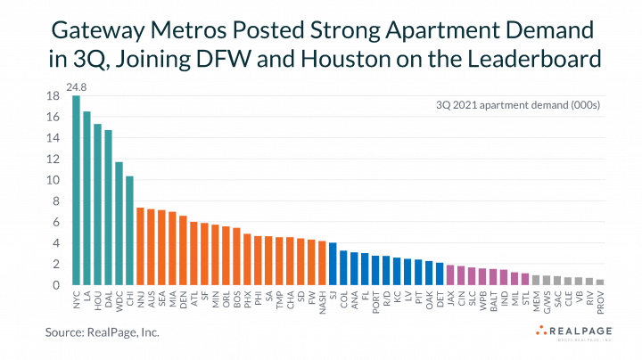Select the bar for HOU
(97, 204)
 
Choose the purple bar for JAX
(450, 275)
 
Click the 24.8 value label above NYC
(77, 88)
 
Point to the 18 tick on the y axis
(53, 96)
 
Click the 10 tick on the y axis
(53, 180)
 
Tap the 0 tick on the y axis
(55, 285)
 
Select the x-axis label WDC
(119, 298)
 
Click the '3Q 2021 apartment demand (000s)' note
(525, 106)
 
